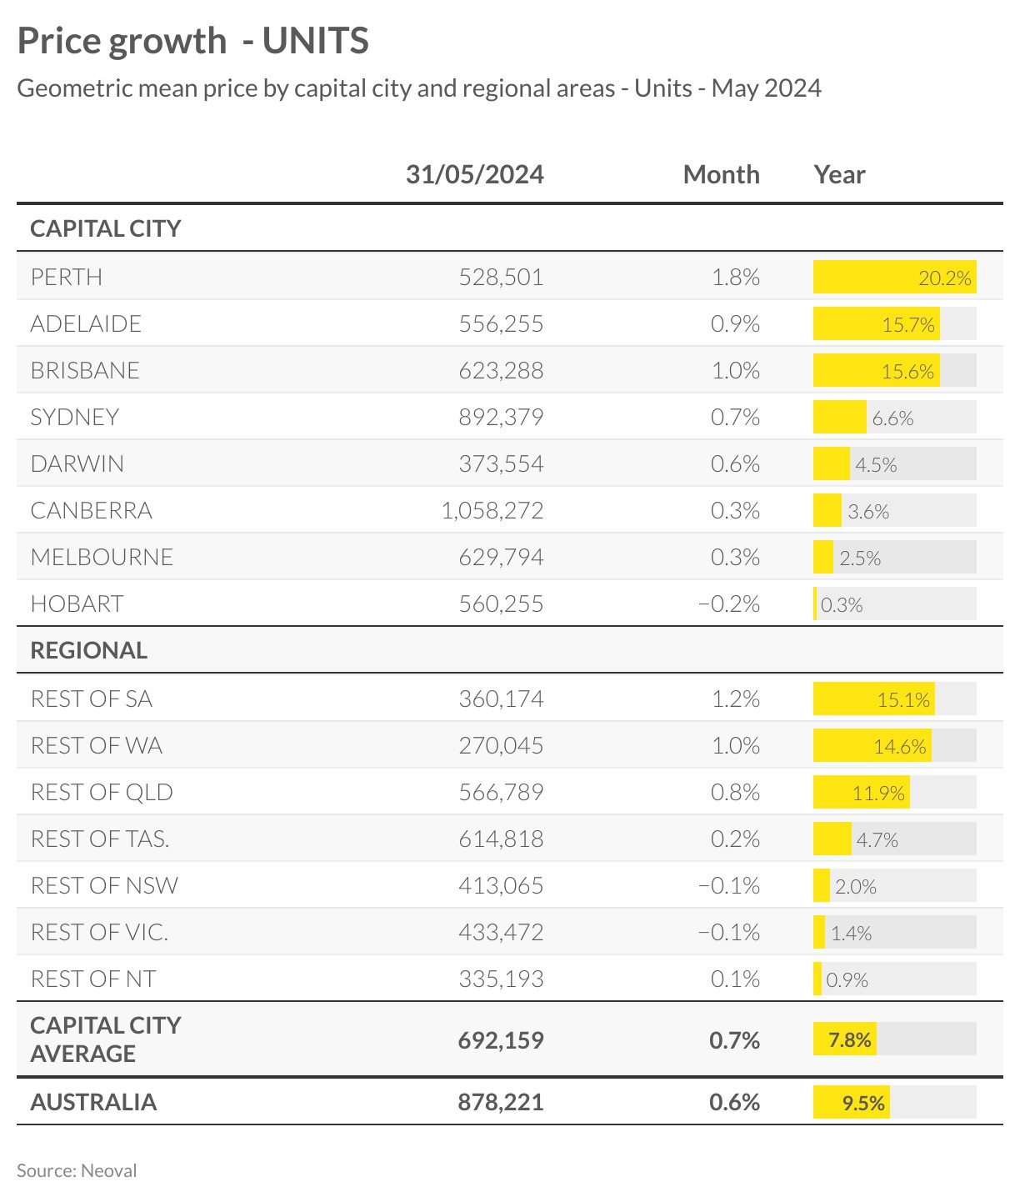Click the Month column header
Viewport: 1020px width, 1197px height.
click(721, 174)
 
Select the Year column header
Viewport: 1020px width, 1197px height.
click(839, 174)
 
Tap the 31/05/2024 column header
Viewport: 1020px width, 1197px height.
click(474, 174)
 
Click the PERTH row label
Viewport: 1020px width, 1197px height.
click(67, 277)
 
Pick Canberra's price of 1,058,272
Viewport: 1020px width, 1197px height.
click(492, 510)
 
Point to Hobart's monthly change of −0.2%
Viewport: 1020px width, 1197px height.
click(728, 604)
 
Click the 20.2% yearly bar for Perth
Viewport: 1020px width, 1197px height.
click(894, 278)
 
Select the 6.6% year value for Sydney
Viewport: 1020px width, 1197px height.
click(892, 418)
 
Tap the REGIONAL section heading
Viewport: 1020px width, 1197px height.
click(88, 650)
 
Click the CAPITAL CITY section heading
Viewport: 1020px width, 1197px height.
click(105, 228)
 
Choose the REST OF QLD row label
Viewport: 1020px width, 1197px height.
click(102, 792)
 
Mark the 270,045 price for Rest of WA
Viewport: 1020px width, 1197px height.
click(501, 745)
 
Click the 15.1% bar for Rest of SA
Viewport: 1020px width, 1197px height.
click(873, 699)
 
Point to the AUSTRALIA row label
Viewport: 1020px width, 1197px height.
click(93, 1102)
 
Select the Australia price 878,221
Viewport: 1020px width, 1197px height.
click(501, 1102)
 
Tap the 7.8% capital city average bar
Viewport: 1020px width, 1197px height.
click(845, 1039)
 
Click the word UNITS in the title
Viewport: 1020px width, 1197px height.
click(316, 41)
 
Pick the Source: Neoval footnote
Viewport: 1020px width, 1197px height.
click(77, 1170)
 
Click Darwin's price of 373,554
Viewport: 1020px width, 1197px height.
click(501, 463)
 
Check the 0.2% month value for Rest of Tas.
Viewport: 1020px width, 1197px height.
click(735, 839)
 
